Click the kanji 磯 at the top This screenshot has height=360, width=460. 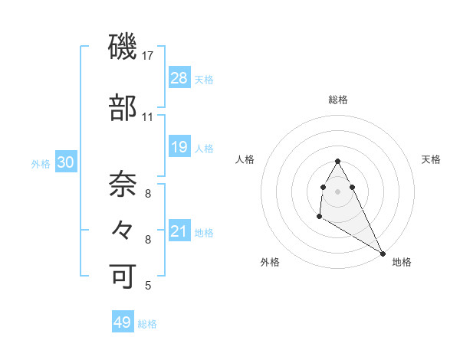(x=123, y=47)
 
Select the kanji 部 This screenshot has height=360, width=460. (x=123, y=108)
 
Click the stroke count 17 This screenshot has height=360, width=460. (x=148, y=56)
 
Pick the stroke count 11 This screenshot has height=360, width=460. (x=148, y=117)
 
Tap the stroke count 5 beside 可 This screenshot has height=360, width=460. (x=147, y=286)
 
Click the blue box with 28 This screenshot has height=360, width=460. (x=179, y=77)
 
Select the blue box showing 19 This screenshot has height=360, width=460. (x=179, y=146)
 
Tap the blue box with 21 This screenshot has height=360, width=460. (x=179, y=231)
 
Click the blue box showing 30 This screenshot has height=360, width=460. (x=66, y=162)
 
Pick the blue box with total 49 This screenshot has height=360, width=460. (x=123, y=322)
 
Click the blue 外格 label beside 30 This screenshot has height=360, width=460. (x=41, y=163)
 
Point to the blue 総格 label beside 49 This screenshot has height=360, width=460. (x=147, y=324)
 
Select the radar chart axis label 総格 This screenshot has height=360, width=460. (x=337, y=100)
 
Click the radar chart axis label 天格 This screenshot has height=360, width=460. (x=432, y=159)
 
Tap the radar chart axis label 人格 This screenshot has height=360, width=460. (x=245, y=159)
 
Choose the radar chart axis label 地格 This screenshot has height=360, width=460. (x=402, y=262)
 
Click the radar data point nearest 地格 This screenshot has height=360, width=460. (x=383, y=254)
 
